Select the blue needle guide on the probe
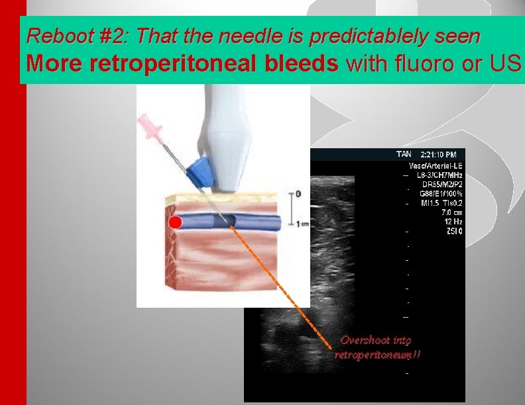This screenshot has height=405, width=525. pyautogui.click(x=198, y=170)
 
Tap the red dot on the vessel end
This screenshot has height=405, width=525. pyautogui.click(x=175, y=222)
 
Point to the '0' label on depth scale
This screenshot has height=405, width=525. pyautogui.click(x=298, y=194)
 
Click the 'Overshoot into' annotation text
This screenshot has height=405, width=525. pyautogui.click(x=375, y=340)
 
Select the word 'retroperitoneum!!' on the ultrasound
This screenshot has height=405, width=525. pyautogui.click(x=377, y=355)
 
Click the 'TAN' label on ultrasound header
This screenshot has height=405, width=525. pyautogui.click(x=404, y=154)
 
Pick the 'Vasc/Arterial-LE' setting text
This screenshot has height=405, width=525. pyautogui.click(x=436, y=165)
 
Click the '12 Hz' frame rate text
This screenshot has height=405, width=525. pyautogui.click(x=453, y=222)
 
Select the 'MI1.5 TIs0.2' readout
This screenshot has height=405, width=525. pyautogui.click(x=439, y=203)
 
